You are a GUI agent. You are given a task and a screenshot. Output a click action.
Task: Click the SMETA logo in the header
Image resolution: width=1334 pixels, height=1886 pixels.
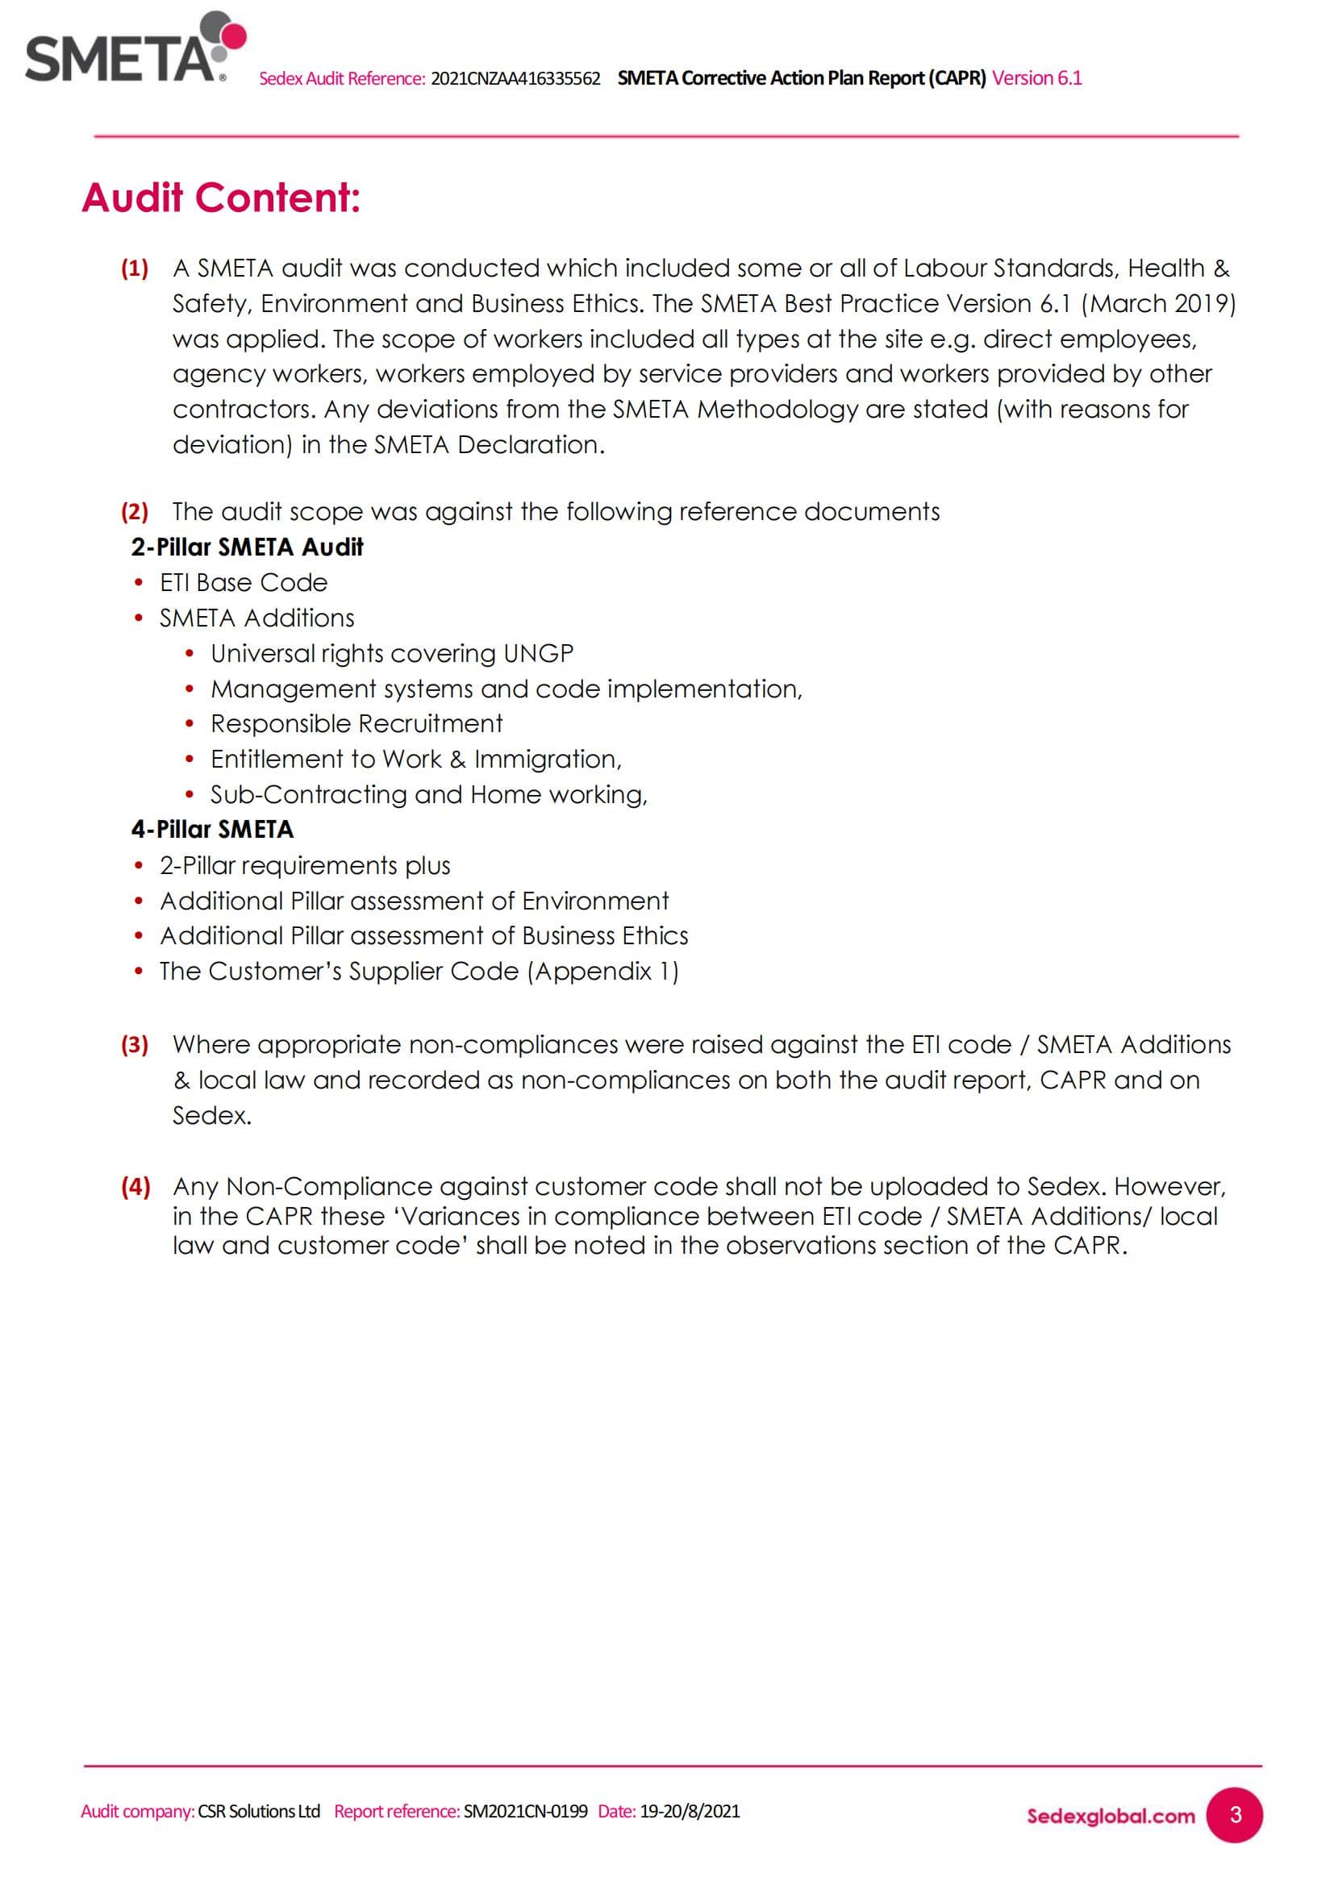point(131,49)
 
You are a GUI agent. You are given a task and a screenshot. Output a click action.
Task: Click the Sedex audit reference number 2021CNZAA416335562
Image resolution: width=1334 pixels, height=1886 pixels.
point(515,79)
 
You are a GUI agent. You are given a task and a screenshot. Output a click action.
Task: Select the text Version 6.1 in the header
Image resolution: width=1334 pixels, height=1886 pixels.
point(1036,78)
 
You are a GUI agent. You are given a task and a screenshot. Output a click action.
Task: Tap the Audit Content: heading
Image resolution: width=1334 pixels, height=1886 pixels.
point(221,198)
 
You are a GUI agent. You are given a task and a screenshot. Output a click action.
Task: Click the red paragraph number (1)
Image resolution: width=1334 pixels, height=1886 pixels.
point(135,269)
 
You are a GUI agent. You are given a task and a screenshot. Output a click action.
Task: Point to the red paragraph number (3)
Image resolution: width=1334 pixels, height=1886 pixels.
point(135,1045)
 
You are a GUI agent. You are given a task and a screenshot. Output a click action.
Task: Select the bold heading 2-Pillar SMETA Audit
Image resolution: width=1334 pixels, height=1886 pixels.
point(247,547)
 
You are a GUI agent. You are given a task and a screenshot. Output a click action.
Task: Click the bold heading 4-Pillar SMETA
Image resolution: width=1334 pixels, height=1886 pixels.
point(212,830)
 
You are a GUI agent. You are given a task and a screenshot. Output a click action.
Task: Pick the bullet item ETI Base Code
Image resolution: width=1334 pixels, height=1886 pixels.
point(243,582)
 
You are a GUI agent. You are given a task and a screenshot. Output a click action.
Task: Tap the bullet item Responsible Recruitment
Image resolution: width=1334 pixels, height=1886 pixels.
point(356,723)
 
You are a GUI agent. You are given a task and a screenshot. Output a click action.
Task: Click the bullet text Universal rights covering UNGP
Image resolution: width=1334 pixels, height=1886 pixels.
point(392,653)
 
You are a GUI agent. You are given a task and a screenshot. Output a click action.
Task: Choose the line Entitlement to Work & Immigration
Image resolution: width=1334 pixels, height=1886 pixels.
point(415,759)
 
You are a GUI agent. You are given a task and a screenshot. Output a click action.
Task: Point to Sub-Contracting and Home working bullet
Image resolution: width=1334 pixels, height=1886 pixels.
point(429,794)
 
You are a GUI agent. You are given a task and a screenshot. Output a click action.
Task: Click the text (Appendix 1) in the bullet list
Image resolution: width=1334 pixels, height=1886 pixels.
point(603,971)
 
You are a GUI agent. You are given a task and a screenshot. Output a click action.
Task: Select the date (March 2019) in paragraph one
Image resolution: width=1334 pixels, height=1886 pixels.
point(1158,304)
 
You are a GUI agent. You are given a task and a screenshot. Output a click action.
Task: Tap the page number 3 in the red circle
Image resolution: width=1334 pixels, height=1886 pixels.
point(1235,1814)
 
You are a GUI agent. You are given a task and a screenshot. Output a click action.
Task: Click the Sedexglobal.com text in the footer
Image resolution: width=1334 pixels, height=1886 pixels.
point(1111,1816)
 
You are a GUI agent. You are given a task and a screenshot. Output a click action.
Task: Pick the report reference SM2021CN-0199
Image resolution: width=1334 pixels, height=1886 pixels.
point(526,1811)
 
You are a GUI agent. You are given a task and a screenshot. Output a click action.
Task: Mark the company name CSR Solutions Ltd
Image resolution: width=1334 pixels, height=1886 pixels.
point(259,1811)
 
